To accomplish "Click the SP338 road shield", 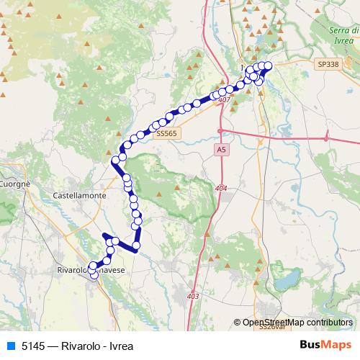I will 327,64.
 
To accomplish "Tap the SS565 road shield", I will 166,133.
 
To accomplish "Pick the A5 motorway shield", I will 220,148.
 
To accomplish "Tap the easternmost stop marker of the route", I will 269,66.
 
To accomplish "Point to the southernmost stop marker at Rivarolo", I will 94,274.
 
